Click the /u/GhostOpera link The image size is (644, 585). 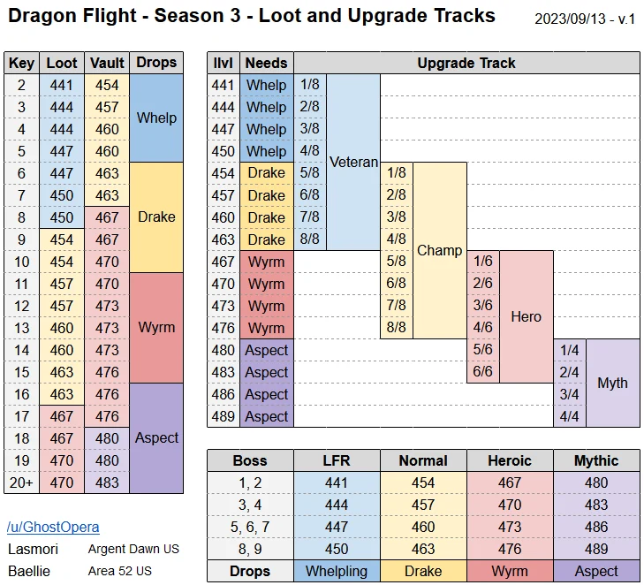click(x=53, y=528)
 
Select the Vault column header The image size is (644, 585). click(x=107, y=63)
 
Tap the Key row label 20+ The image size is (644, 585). click(x=22, y=482)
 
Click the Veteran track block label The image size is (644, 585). click(x=353, y=162)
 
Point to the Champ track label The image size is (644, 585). click(x=440, y=250)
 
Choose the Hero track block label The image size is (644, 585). click(x=526, y=316)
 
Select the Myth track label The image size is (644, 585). click(x=612, y=383)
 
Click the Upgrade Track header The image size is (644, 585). click(x=466, y=63)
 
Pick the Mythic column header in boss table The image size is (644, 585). click(x=596, y=460)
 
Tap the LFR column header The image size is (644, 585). click(x=337, y=460)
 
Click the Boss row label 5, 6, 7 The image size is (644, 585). click(x=250, y=527)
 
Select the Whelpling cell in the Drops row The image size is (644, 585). click(x=337, y=571)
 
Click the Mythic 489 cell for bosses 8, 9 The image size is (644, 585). click(x=596, y=549)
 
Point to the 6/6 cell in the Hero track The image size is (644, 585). click(x=483, y=372)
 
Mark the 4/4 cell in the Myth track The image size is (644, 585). click(x=570, y=416)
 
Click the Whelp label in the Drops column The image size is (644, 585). click(x=156, y=118)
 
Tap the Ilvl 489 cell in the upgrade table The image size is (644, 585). click(x=224, y=416)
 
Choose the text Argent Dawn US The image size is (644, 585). click(x=133, y=549)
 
